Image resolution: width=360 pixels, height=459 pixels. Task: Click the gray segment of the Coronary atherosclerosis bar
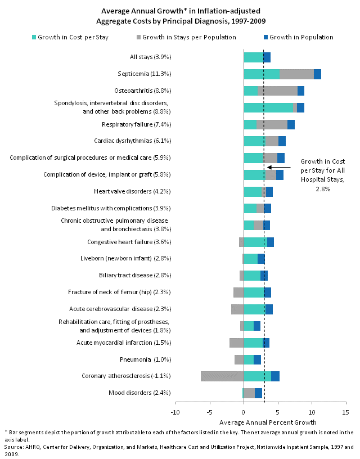pyautogui.click(x=222, y=376)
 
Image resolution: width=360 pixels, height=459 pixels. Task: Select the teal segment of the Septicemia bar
pyautogui.click(x=262, y=74)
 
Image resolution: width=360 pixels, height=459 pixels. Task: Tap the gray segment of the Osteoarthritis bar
pyautogui.click(x=277, y=91)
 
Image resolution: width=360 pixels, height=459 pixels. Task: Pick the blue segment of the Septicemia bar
pyautogui.click(x=317, y=74)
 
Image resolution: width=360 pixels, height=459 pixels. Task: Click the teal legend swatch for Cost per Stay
pyautogui.click(x=34, y=38)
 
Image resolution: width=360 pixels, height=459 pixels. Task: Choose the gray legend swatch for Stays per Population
pyautogui.click(x=138, y=38)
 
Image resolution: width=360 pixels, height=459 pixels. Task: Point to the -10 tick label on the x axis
pyautogui.click(x=175, y=411)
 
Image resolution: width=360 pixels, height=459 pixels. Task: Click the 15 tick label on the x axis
pyautogui.click(x=345, y=411)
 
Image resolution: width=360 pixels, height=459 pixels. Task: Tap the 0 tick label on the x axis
pyautogui.click(x=244, y=411)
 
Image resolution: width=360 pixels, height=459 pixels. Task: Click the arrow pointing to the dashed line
pyautogui.click(x=279, y=167)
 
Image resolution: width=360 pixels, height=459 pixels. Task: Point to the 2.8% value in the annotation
pyautogui.click(x=322, y=190)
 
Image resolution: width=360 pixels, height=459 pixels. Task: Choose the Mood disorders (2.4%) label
pyautogui.click(x=139, y=393)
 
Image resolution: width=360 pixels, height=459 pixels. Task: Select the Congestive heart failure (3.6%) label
pyautogui.click(x=129, y=242)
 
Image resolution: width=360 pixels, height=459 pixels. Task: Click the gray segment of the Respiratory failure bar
pyautogui.click(x=272, y=124)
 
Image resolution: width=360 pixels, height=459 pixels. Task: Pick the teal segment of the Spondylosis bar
pyautogui.click(x=268, y=107)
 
